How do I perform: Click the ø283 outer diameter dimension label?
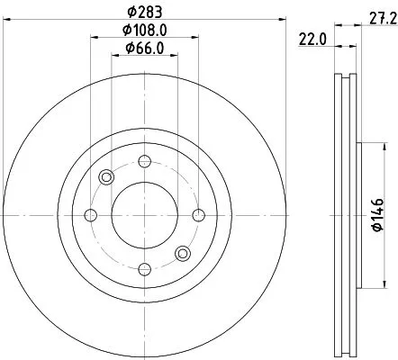144,12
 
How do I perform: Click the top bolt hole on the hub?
144,162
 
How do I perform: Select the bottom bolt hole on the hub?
144,267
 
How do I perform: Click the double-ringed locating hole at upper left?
107,177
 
